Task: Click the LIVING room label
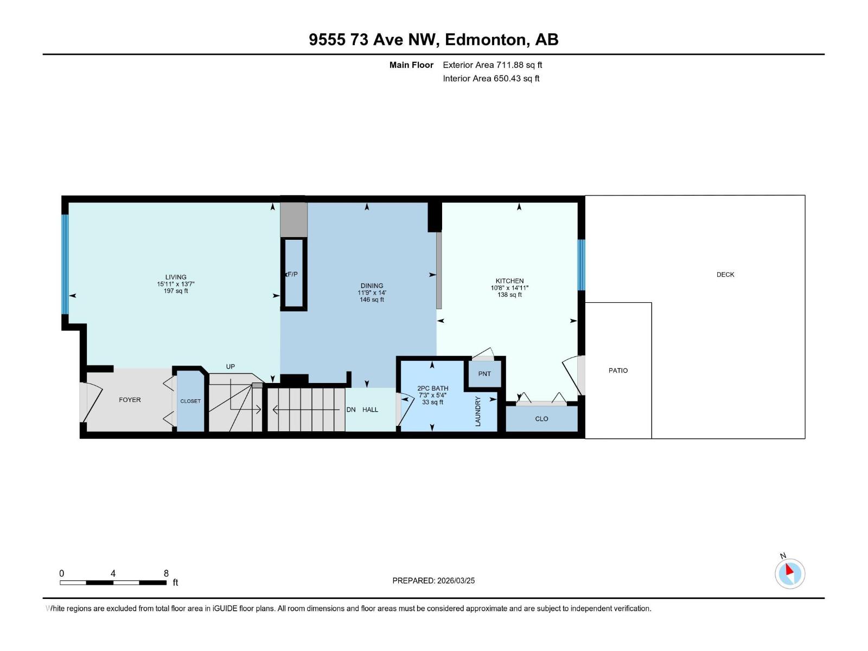tap(176, 277)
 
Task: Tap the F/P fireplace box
tap(293, 275)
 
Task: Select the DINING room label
tap(372, 285)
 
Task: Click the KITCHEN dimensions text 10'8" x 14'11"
tap(509, 288)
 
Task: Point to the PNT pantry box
tap(484, 374)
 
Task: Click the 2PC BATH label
tap(432, 388)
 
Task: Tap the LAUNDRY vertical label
tap(478, 411)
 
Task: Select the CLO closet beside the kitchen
tap(541, 419)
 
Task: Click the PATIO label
tap(618, 371)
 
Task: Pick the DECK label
tap(725, 275)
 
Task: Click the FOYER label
tap(130, 400)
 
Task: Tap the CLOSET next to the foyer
tap(190, 401)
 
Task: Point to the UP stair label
tap(231, 367)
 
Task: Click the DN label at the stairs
tap(351, 410)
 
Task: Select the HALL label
tap(371, 410)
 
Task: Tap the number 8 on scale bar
tap(166, 573)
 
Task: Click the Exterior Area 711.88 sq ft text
tap(492, 65)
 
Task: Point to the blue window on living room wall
tap(65, 264)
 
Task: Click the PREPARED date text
tap(433, 580)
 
